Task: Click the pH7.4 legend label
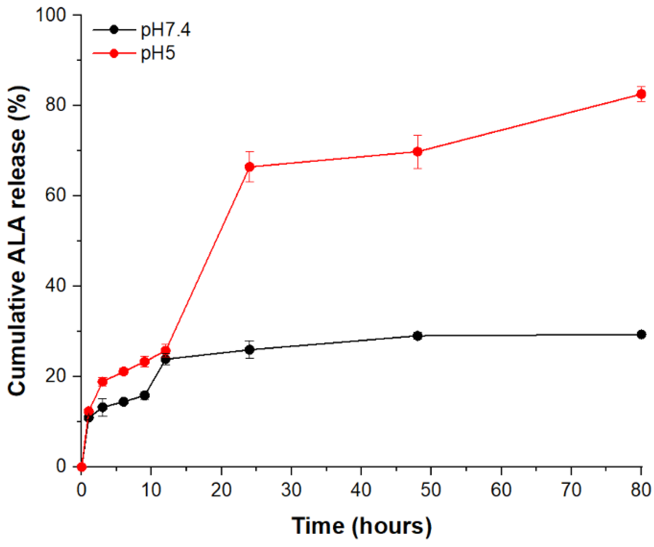click(x=165, y=30)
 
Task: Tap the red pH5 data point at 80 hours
click(x=641, y=94)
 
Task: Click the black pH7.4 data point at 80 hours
click(x=641, y=334)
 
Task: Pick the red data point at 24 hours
click(x=250, y=167)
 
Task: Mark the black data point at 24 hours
click(x=250, y=350)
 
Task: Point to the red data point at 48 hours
click(x=417, y=152)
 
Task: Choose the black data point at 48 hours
click(x=417, y=336)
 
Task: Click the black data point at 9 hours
click(x=145, y=396)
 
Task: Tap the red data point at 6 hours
click(x=124, y=371)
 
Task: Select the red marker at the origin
click(x=82, y=467)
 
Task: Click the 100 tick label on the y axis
click(x=51, y=15)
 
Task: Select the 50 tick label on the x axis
click(x=431, y=490)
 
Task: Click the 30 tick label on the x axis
click(x=291, y=490)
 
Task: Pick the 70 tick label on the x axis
click(x=571, y=490)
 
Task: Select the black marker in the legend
click(x=114, y=30)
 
